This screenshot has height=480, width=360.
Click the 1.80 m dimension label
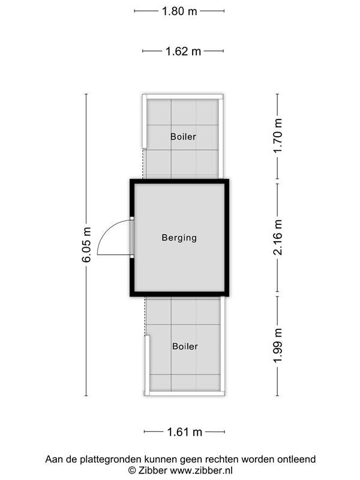[x=179, y=11]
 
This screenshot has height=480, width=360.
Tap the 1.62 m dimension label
[x=183, y=51]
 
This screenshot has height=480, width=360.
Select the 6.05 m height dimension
[x=86, y=245]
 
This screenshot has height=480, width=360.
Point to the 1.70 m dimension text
[x=278, y=136]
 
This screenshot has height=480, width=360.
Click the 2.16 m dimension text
[x=278, y=238]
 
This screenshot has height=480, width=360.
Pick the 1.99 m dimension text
[x=278, y=346]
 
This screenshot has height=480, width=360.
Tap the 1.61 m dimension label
[x=184, y=432]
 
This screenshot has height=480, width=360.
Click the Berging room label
[x=179, y=238]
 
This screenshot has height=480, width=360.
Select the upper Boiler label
[x=183, y=137]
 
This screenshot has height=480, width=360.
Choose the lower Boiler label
[x=185, y=346]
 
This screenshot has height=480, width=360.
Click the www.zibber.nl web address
[x=201, y=470]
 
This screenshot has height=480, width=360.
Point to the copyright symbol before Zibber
[x=132, y=470]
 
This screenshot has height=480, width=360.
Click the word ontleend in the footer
[x=296, y=459]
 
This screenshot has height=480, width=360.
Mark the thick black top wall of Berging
[x=179, y=182]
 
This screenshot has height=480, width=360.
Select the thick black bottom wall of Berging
[x=179, y=294]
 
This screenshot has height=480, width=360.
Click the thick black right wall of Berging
[x=227, y=238]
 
